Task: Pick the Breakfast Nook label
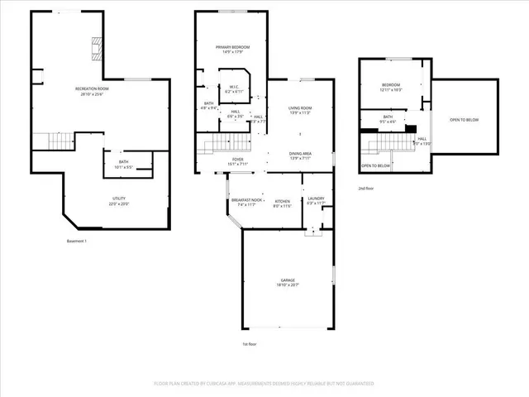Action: point(245,202)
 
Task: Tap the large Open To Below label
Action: point(465,120)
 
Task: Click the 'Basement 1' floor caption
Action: point(77,241)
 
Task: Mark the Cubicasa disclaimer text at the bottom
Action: point(264,384)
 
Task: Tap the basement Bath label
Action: point(123,165)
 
